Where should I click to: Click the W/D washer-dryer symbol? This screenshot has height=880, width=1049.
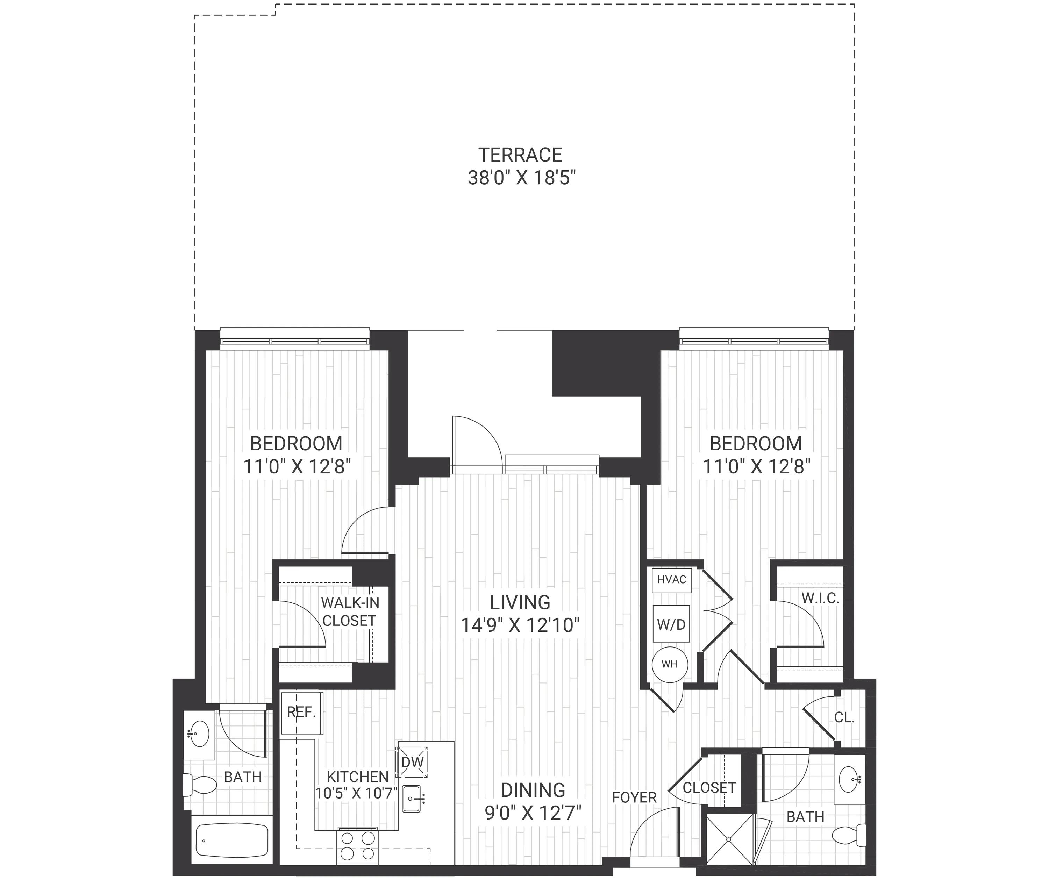671,624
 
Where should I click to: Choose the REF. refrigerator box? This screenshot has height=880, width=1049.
302,712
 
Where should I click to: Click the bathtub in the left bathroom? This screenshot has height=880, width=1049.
232,840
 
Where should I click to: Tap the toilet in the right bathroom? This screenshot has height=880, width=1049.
849,835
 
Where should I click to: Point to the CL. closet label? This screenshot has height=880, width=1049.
844,718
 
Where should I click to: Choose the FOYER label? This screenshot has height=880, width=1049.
634,797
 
